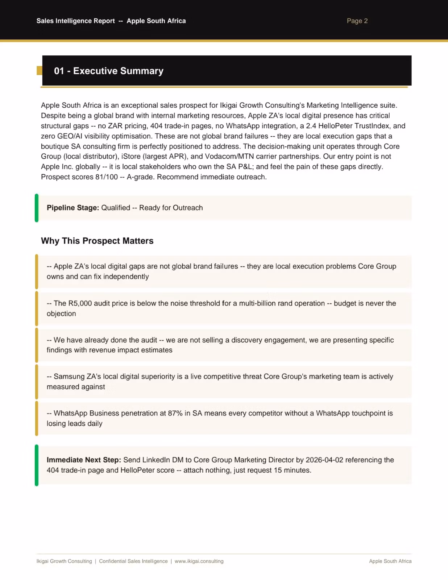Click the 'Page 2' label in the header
[357, 21]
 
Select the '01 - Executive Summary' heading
[109, 71]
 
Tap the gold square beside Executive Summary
[39, 70]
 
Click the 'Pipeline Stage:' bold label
[72, 208]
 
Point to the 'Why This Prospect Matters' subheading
[97, 241]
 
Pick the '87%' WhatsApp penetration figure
[175, 413]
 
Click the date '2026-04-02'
[324, 460]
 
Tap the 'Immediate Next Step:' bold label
[84, 460]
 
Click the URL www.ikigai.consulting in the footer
[199, 561]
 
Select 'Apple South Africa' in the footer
[390, 561]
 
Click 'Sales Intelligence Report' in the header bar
[75, 21]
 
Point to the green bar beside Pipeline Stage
[37, 208]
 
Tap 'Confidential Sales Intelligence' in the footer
[133, 561]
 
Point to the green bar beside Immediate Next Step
[37, 465]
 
